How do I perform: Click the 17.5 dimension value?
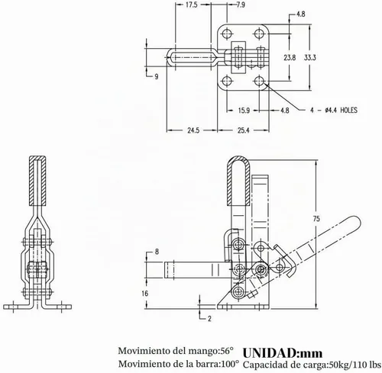pos(191,5)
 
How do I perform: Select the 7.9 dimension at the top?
pos(241,5)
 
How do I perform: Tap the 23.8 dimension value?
pos(290,58)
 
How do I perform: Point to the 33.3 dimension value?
pos(309,58)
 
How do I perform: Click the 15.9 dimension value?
pos(244,111)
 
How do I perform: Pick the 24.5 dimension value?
pos(193,130)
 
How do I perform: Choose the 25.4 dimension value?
pos(244,130)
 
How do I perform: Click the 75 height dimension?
pos(316,219)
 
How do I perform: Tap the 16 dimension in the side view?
pos(145,294)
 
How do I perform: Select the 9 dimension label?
pos(157,76)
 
